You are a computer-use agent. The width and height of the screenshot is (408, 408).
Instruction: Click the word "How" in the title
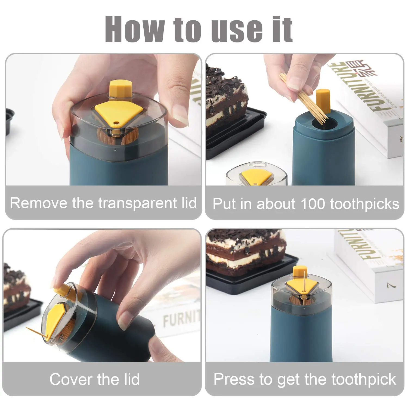pyautogui.click(x=135, y=29)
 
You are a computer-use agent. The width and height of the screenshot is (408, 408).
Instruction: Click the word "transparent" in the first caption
pyautogui.click(x=137, y=203)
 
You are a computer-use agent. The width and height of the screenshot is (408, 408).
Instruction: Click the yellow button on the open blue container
pyautogui.click(x=323, y=101)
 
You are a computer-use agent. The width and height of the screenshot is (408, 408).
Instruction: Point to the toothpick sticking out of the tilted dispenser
pyautogui.click(x=37, y=333)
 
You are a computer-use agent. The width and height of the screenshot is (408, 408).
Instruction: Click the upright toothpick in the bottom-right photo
pyautogui.click(x=304, y=283)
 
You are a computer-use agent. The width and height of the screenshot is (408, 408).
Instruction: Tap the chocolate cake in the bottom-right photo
pyautogui.click(x=245, y=250)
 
